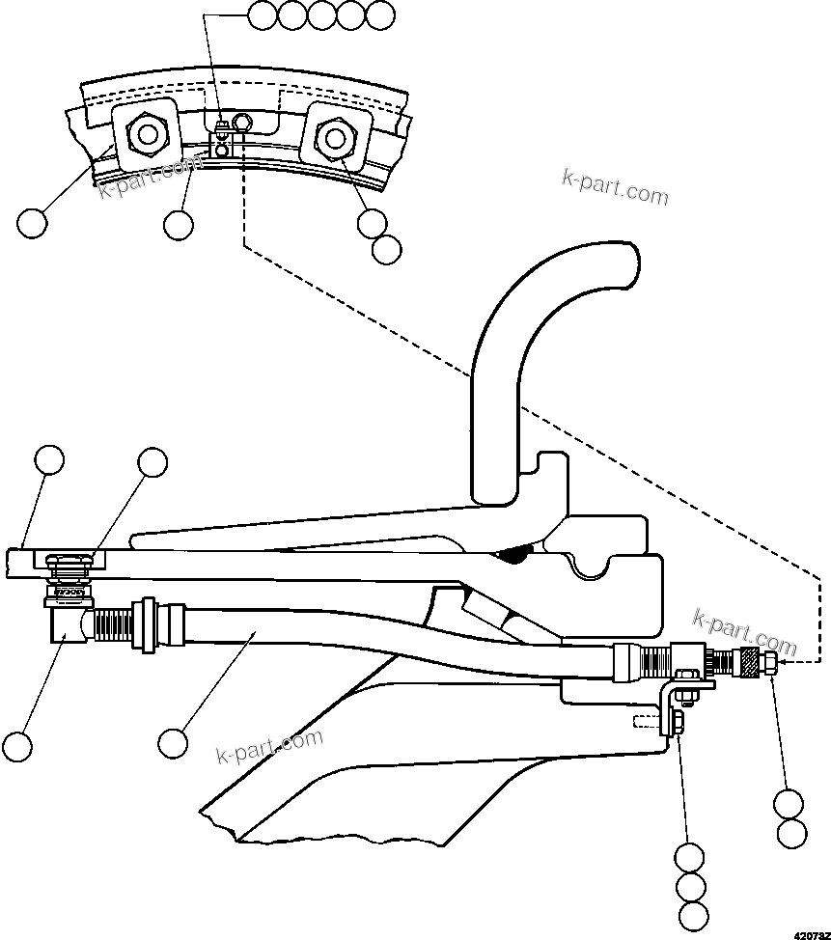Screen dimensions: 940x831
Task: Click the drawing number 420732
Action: [x=812, y=934]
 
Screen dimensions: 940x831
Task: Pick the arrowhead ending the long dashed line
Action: [x=783, y=662]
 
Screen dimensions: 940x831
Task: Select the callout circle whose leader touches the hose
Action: [x=173, y=743]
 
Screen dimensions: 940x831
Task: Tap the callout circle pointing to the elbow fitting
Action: [x=16, y=745]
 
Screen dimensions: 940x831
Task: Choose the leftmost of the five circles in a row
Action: [x=263, y=14]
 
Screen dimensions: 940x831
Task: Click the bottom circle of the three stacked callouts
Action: [x=693, y=916]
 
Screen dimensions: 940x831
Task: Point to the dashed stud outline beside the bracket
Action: [x=646, y=721]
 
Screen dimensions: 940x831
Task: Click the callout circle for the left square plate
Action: [x=31, y=224]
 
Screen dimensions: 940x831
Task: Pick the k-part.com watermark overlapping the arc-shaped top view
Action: [x=145, y=180]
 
